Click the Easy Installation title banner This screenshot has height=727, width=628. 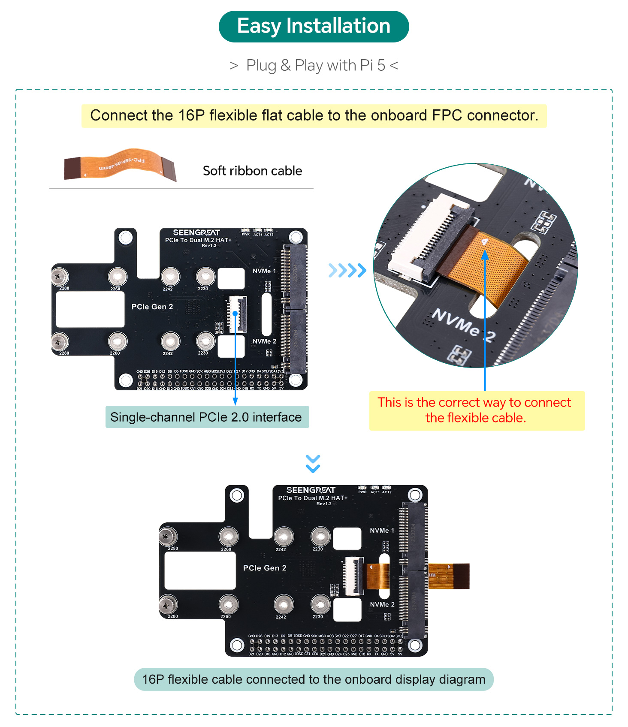click(x=314, y=26)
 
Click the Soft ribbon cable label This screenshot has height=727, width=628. click(x=252, y=171)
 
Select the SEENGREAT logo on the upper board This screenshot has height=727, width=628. click(x=196, y=232)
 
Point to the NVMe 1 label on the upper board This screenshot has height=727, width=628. click(x=264, y=271)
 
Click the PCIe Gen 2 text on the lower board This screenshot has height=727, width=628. click(x=265, y=568)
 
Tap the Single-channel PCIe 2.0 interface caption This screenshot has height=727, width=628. click(x=206, y=417)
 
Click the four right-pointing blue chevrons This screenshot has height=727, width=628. click(x=347, y=270)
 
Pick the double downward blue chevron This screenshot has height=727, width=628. click(x=313, y=464)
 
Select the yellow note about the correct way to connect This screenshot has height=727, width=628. click(x=477, y=410)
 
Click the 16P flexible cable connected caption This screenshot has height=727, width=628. click(x=314, y=679)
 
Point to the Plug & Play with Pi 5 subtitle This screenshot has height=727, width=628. click(x=314, y=65)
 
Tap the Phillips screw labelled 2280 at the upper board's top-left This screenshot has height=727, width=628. click(x=60, y=277)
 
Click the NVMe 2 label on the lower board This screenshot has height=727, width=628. click(x=382, y=604)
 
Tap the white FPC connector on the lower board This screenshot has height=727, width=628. click(x=354, y=576)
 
